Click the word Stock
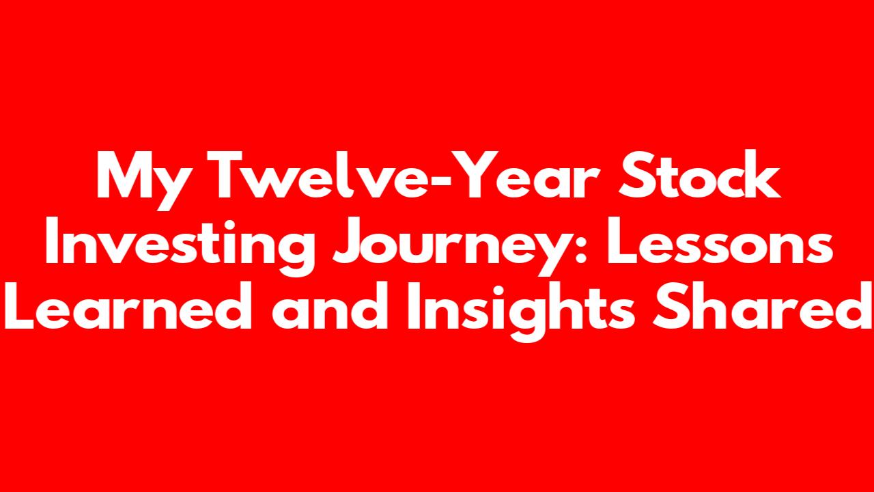699,175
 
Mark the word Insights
522,311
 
